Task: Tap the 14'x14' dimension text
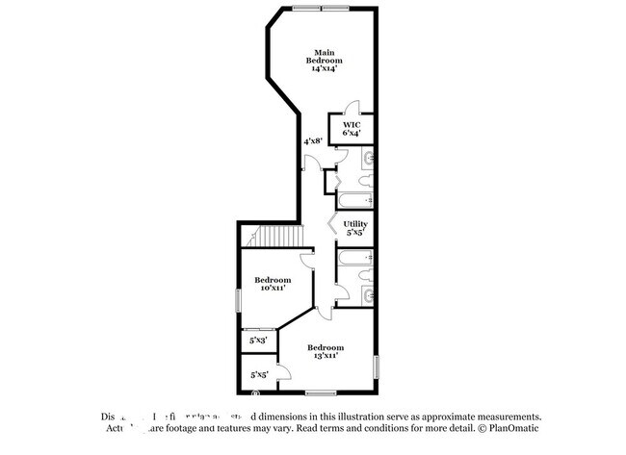coord(323,69)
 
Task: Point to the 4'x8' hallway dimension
coord(313,141)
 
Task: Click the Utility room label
coord(356,223)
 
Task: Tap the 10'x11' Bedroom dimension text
coord(273,288)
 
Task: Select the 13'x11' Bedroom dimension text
coord(325,356)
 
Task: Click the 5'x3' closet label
coord(258,340)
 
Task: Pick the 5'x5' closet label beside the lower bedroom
coord(258,375)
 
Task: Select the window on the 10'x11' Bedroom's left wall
coord(238,298)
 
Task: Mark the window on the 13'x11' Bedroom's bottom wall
coord(320,393)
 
